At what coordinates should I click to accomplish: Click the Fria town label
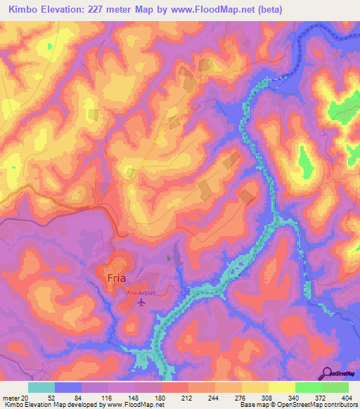tap(116, 278)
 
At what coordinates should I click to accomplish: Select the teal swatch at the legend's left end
tap(41, 387)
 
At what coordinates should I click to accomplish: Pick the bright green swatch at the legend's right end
tap(335, 387)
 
